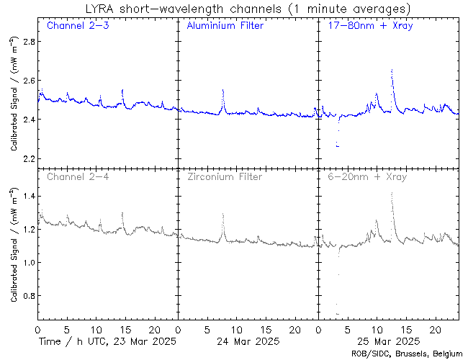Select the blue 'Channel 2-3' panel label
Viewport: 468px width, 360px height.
(x=72, y=26)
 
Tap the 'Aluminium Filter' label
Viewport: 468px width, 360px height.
(x=225, y=26)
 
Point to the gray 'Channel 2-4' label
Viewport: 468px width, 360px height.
(x=72, y=176)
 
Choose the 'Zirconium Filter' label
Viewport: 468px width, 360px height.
(x=225, y=176)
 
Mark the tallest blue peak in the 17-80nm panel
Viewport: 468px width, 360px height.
(x=391, y=71)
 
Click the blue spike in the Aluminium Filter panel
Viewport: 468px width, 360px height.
(x=223, y=91)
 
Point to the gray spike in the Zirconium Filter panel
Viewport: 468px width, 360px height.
(x=223, y=214)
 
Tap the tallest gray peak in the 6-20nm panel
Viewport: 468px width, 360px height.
(x=391, y=194)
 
